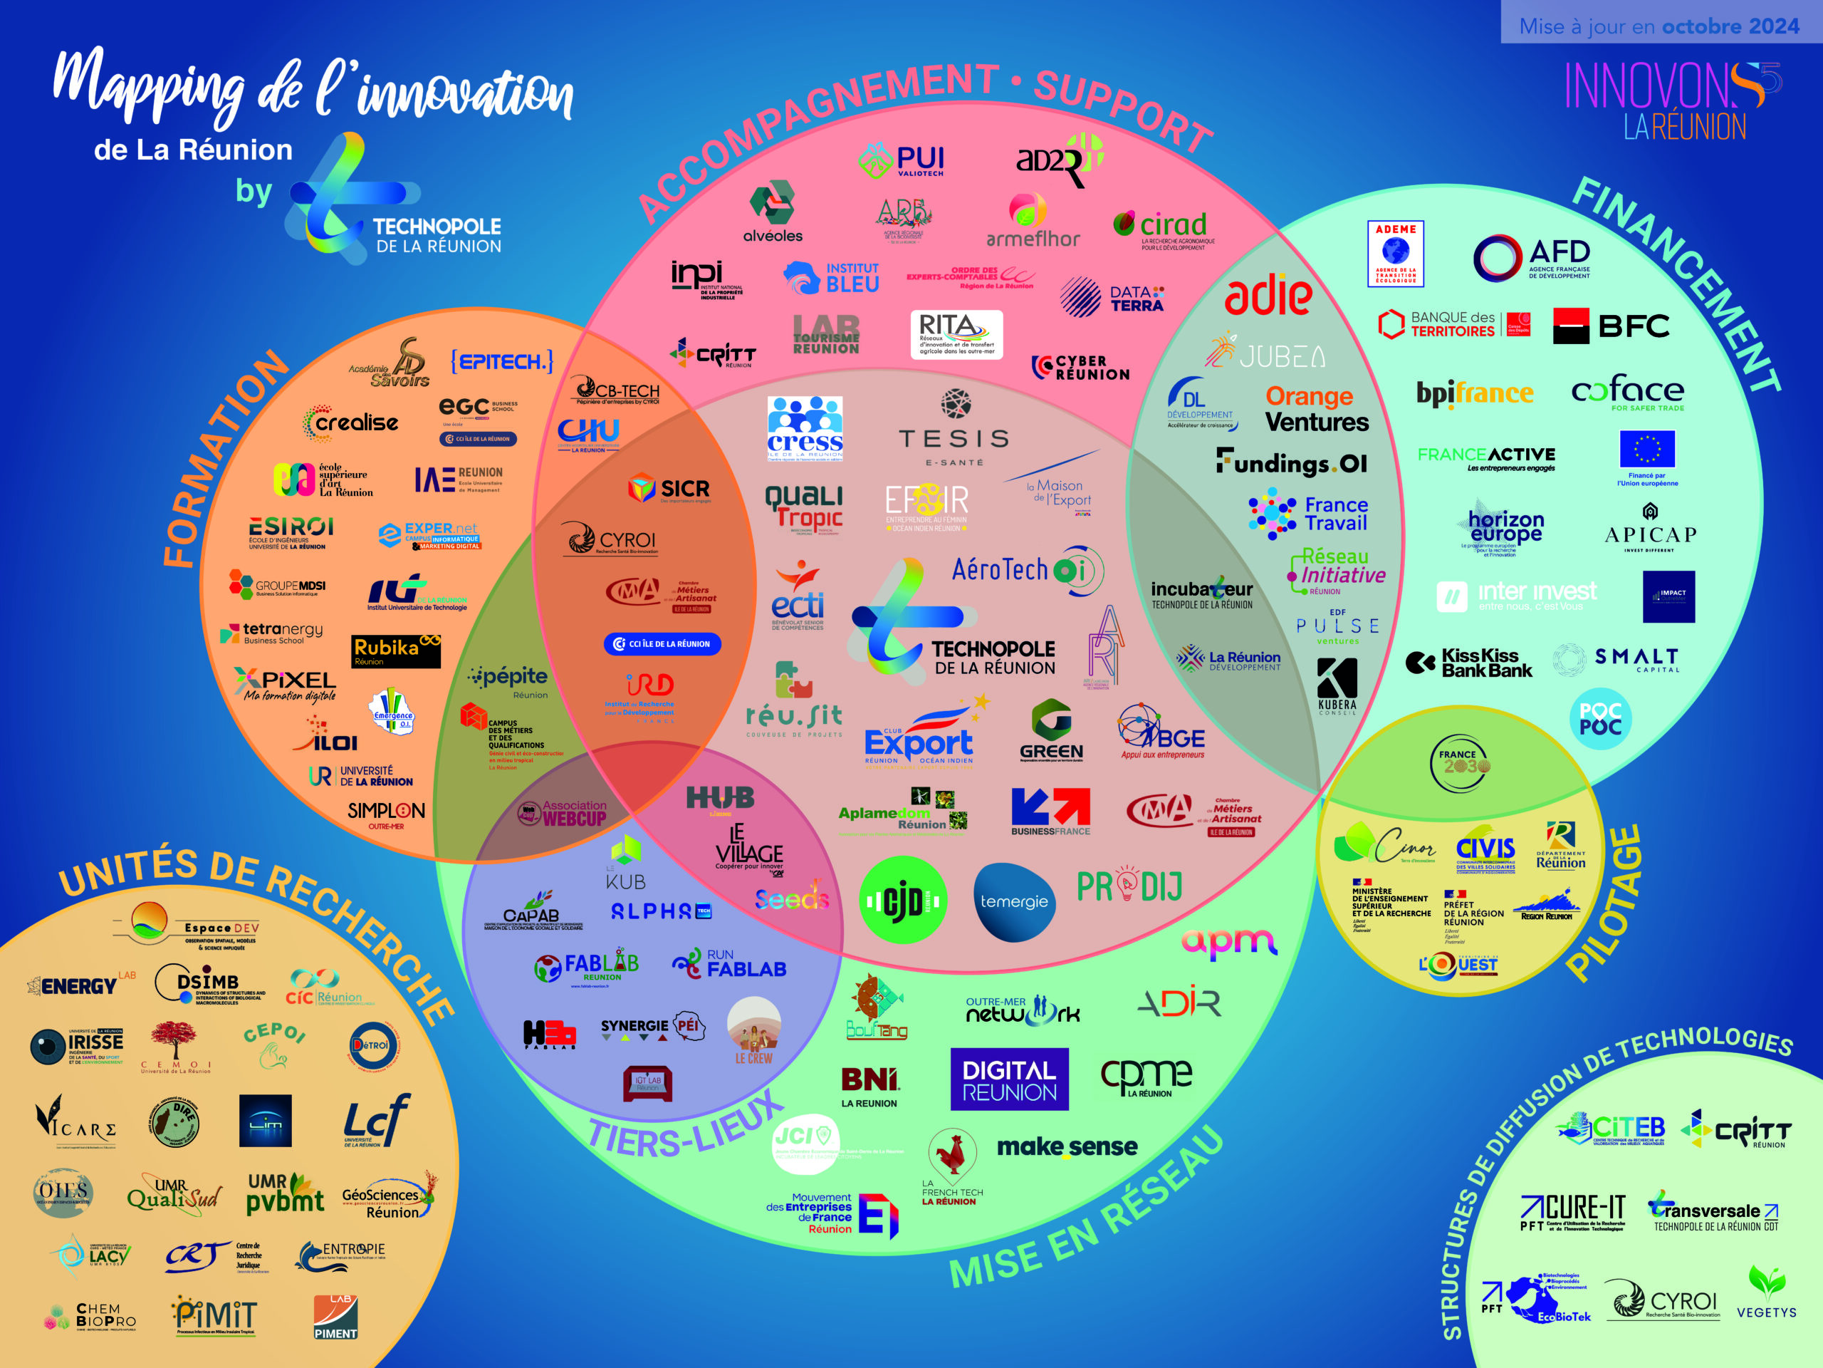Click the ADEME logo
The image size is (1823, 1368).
pos(1395,253)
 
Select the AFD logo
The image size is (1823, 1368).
pos(1532,257)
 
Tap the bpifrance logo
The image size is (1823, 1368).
pos(1474,393)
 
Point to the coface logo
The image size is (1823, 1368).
pos(1627,392)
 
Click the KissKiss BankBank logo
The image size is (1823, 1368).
pos(1470,662)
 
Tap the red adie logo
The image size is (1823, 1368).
pos(1268,295)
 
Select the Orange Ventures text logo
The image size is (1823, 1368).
pos(1316,409)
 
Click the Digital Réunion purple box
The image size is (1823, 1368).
pos(1009,1079)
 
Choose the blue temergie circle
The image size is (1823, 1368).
pos(1014,901)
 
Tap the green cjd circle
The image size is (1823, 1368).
pos(902,901)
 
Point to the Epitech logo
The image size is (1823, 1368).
pos(502,361)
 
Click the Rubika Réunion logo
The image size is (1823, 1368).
pos(396,651)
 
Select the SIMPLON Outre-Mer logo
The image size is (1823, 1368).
pos(386,814)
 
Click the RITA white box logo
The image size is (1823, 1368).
pos(956,334)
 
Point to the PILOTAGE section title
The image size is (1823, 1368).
pos(1604,903)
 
